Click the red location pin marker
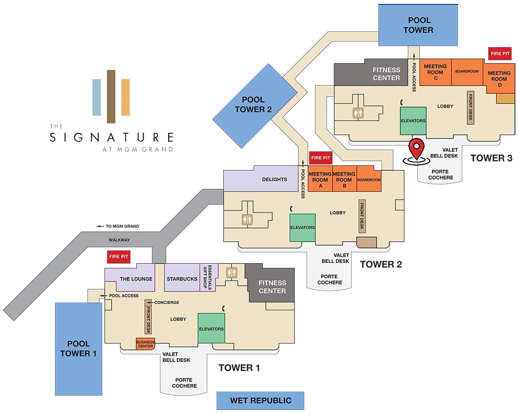[416, 150]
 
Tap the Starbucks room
[182, 277]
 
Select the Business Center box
[145, 344]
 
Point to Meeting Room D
[499, 79]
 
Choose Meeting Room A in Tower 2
[320, 179]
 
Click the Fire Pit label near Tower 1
[119, 257]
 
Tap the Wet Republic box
[260, 401]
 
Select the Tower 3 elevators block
[413, 121]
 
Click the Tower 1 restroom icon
[232, 273]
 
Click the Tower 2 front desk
[362, 216]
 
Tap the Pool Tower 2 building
[255, 105]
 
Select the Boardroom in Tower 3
[467, 72]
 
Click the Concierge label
[167, 303]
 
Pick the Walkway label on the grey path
[119, 240]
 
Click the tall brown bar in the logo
[111, 96]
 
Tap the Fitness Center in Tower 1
[271, 284]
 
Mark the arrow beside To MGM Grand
[100, 226]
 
